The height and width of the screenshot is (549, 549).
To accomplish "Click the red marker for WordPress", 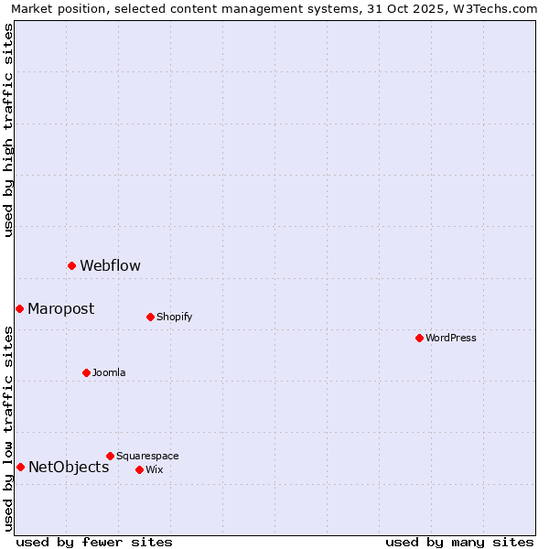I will click(419, 338).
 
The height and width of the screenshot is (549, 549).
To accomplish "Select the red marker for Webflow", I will click(71, 265).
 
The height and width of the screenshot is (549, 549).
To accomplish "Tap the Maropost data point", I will click(19, 308).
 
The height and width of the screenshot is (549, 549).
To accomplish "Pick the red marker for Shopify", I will click(150, 317).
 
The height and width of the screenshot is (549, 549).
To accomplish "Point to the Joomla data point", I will click(86, 372).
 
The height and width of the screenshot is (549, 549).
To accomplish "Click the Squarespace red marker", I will click(110, 456).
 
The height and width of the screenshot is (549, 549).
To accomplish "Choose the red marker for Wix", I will click(139, 469).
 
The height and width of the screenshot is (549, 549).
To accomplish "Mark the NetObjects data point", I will click(20, 467).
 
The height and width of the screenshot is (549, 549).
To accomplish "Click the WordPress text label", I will click(451, 338).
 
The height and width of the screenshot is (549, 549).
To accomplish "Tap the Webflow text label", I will click(110, 266).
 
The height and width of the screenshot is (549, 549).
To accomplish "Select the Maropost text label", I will click(60, 309).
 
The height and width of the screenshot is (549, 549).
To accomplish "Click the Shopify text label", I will click(174, 318).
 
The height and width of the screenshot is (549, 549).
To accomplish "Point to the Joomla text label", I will click(109, 373).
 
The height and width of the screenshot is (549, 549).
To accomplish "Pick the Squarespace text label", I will click(147, 457).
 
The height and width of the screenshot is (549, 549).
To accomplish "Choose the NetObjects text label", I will click(69, 468).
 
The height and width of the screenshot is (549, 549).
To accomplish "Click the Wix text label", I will click(154, 470).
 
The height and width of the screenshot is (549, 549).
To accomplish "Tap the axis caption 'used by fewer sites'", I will click(94, 543).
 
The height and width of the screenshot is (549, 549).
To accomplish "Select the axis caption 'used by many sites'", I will click(459, 543).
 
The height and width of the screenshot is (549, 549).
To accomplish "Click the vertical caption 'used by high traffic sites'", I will click(9, 130).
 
